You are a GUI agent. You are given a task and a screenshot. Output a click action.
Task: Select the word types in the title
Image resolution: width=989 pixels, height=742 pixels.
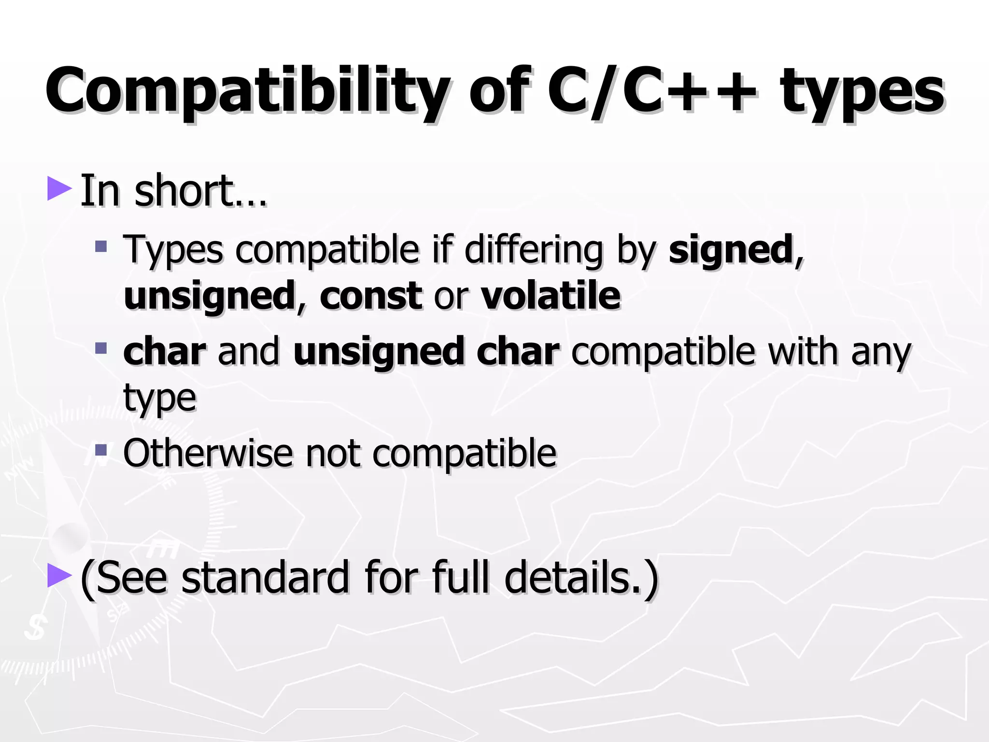(x=862, y=92)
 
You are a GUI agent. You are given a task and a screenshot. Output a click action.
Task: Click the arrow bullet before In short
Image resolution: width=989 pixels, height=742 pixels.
(x=59, y=189)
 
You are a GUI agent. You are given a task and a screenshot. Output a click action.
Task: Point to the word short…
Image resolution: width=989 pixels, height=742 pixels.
(x=200, y=191)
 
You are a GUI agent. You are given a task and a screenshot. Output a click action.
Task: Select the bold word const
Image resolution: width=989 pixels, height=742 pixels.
(x=371, y=296)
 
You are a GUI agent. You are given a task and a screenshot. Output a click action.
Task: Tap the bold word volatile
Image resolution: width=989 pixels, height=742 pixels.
(x=551, y=296)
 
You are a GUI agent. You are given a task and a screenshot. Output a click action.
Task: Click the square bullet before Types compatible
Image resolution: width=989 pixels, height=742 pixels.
(x=101, y=247)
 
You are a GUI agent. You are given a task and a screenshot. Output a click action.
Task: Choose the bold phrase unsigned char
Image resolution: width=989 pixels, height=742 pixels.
(x=426, y=352)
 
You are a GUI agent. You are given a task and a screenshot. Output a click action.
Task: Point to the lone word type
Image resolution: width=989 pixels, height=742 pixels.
(x=160, y=399)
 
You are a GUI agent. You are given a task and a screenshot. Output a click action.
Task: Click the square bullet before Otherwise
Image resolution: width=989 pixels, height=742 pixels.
(x=101, y=450)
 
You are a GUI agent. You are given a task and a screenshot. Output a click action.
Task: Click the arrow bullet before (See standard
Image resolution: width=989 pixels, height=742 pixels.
(x=59, y=575)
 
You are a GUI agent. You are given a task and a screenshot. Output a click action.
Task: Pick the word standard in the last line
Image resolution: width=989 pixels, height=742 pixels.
(x=265, y=577)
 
